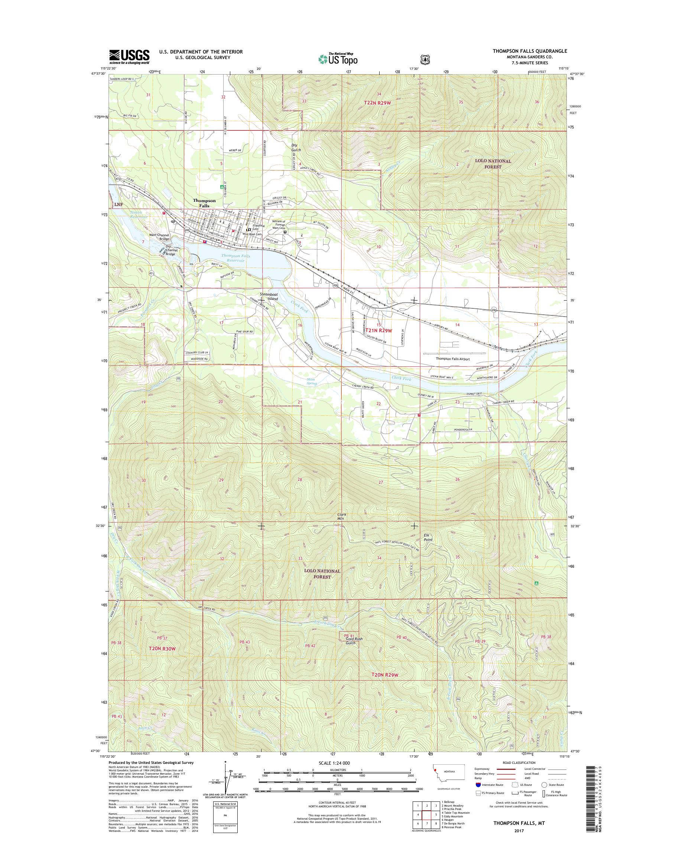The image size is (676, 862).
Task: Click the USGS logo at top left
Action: [x=129, y=57]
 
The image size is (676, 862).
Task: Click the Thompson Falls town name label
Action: [x=204, y=203]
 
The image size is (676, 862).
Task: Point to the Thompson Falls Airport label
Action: [x=453, y=359]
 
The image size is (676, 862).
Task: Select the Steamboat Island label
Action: [x=269, y=296]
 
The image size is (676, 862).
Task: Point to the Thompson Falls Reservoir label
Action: [x=236, y=258]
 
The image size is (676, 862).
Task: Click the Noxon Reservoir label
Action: [x=138, y=215]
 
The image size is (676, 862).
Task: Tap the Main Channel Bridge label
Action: [x=159, y=237]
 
